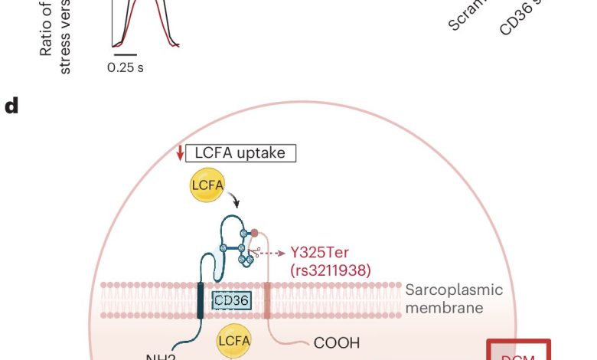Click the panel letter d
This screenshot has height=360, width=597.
(x=11, y=106)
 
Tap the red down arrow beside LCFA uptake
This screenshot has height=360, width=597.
(x=180, y=152)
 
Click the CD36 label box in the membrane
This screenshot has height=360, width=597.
(x=230, y=300)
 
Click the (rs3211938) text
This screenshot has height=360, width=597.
(x=331, y=270)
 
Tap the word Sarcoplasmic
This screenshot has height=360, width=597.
(x=454, y=290)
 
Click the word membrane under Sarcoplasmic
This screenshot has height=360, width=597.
(x=444, y=308)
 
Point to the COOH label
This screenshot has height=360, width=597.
(x=337, y=343)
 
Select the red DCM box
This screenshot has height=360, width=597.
(x=520, y=351)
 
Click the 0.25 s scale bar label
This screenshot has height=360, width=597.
(x=126, y=67)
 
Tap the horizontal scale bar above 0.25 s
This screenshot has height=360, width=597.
(x=126, y=55)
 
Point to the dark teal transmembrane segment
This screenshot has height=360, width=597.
(x=201, y=299)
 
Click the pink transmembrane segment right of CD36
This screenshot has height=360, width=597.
(x=266, y=299)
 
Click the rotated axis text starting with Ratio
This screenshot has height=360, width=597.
(x=55, y=38)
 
